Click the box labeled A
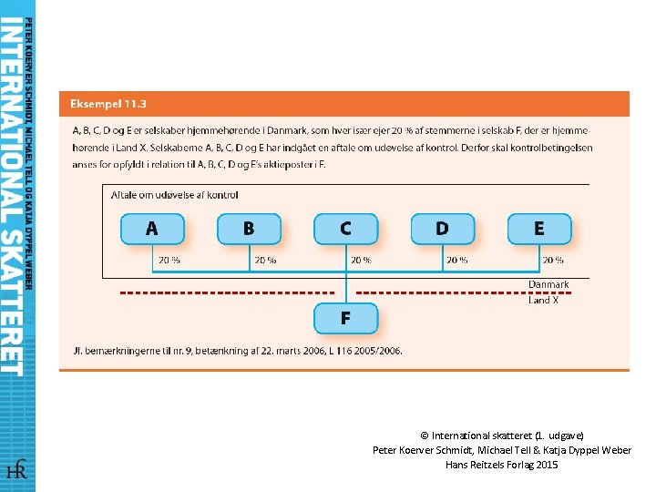pos(152,228)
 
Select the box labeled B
pos(249,228)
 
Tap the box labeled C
pos(345,228)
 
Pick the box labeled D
pos(442,228)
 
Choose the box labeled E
pos(538,228)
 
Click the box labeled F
pos(345,318)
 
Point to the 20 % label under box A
pos(169,260)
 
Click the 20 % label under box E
pos(552,260)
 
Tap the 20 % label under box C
pos(361,260)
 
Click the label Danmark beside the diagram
pos(548,284)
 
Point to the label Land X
pos(544,300)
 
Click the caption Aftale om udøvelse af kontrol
pos(174,194)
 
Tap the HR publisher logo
pos(16,470)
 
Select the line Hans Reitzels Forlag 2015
pos(501,465)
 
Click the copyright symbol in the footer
pos(425,436)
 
